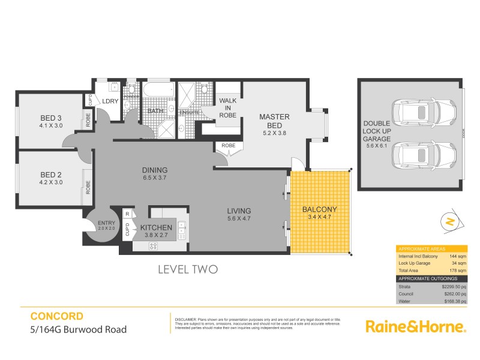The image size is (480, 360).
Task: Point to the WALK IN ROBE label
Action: tap(227, 107)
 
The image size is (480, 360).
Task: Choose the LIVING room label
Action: tap(239, 211)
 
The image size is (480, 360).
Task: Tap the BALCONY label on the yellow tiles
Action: tap(319, 209)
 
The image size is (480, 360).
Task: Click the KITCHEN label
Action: tap(157, 228)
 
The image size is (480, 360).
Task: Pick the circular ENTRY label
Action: tap(106, 224)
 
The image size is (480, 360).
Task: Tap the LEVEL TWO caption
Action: tap(187, 269)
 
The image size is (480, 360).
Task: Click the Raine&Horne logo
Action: tap(416, 327)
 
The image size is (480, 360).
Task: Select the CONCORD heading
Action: tap(56, 316)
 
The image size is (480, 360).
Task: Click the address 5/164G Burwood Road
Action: tap(78, 329)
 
